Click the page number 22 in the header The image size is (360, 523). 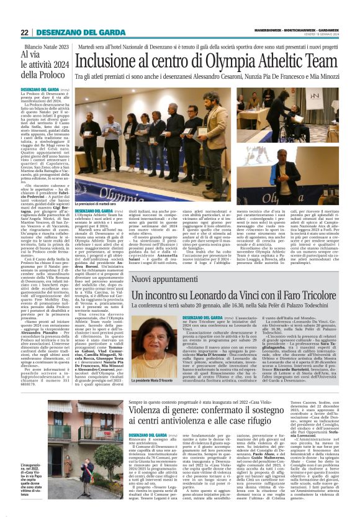(25, 32)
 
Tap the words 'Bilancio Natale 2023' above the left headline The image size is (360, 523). (48, 47)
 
